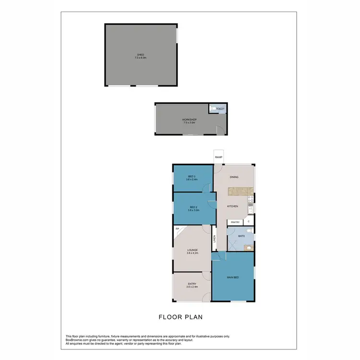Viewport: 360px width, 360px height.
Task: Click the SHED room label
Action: [x=141, y=55]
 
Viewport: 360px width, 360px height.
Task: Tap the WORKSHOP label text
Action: [x=190, y=120]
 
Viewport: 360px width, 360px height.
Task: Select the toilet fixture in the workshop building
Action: [x=212, y=109]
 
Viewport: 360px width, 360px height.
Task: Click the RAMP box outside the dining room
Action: [x=218, y=157]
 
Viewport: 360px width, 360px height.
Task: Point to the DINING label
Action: [x=234, y=178]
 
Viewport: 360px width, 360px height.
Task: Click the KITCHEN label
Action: [x=233, y=206]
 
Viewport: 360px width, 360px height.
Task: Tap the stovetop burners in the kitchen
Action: [x=250, y=198]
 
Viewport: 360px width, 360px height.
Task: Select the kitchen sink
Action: [x=250, y=208]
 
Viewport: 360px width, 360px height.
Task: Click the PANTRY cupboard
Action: [x=235, y=222]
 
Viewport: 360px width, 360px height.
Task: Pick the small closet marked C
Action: [x=249, y=222]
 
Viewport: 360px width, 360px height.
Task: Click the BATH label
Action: [x=241, y=236]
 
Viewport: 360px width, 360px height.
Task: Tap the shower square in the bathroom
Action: [x=233, y=245]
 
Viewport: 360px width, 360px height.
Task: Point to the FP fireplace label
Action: [x=177, y=230]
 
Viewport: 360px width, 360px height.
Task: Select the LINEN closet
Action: [x=214, y=239]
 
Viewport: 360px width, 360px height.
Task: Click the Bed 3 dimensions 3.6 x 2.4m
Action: [x=192, y=179]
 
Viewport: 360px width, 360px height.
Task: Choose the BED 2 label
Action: [x=192, y=207]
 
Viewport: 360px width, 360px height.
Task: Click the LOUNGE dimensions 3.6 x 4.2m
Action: [x=192, y=253]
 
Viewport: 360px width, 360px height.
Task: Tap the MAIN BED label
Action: [x=233, y=277]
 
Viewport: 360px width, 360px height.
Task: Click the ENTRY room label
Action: [x=192, y=284]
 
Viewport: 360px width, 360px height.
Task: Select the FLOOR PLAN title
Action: [x=180, y=317]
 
